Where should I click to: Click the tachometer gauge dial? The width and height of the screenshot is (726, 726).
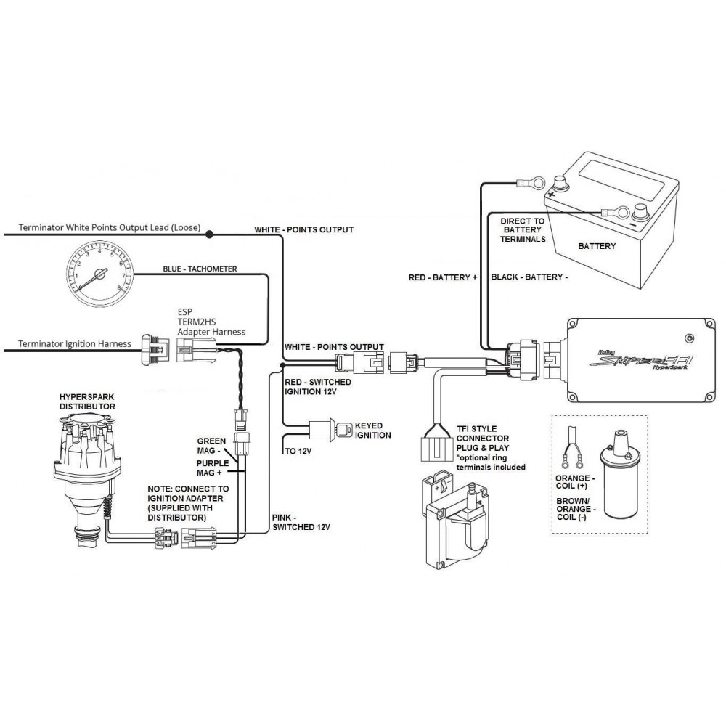coord(102,274)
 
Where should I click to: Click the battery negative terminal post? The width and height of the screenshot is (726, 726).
coord(640,212)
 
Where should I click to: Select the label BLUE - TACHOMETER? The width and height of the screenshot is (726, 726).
coord(199,269)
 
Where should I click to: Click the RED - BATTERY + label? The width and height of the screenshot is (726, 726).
coord(444,277)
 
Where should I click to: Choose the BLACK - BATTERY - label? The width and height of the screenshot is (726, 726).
coord(529,277)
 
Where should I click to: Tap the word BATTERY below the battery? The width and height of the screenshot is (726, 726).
coord(597,246)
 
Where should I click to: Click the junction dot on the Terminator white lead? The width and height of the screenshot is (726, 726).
coord(209,234)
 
